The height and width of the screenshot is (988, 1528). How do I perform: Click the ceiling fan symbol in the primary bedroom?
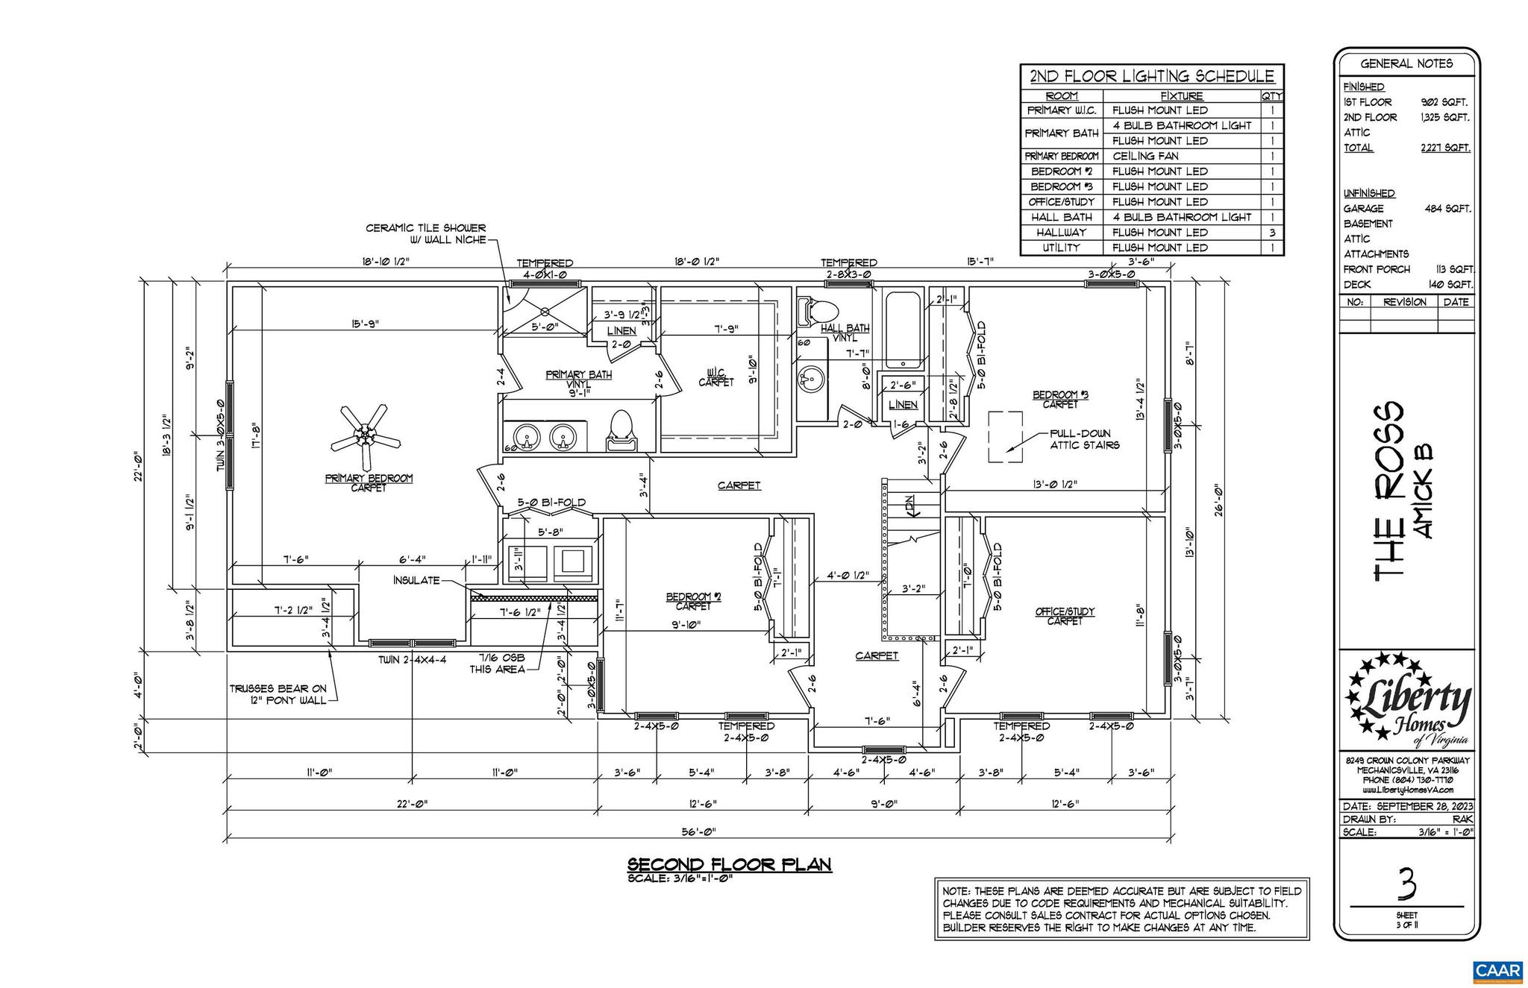(x=366, y=436)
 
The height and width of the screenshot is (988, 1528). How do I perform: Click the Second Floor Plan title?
(x=729, y=864)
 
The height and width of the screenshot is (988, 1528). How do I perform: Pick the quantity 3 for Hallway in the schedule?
(x=1272, y=233)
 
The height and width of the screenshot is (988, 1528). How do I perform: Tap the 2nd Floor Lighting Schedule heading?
(x=1152, y=76)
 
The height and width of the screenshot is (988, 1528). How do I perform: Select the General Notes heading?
(x=1406, y=64)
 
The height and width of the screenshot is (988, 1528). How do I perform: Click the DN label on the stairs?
(x=911, y=507)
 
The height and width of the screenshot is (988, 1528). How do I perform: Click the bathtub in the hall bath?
(x=903, y=330)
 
